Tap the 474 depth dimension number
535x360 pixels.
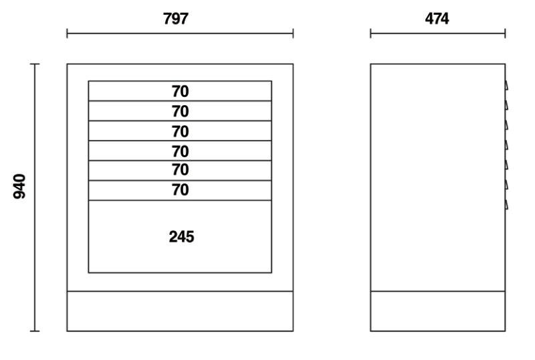437,19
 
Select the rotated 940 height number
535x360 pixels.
19,186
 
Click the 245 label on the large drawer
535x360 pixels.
181,237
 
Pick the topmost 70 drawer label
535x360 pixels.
181,92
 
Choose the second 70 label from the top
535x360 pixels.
181,112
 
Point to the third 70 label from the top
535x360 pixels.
181,132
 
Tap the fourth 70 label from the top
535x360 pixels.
181,151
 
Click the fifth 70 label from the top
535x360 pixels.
181,171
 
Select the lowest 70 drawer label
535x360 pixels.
181,191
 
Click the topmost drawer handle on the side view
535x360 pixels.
507,86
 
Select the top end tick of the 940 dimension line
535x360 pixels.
35,64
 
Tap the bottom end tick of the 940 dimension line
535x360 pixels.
35,331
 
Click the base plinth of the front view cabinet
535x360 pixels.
180,311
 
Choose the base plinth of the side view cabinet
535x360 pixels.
437,311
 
